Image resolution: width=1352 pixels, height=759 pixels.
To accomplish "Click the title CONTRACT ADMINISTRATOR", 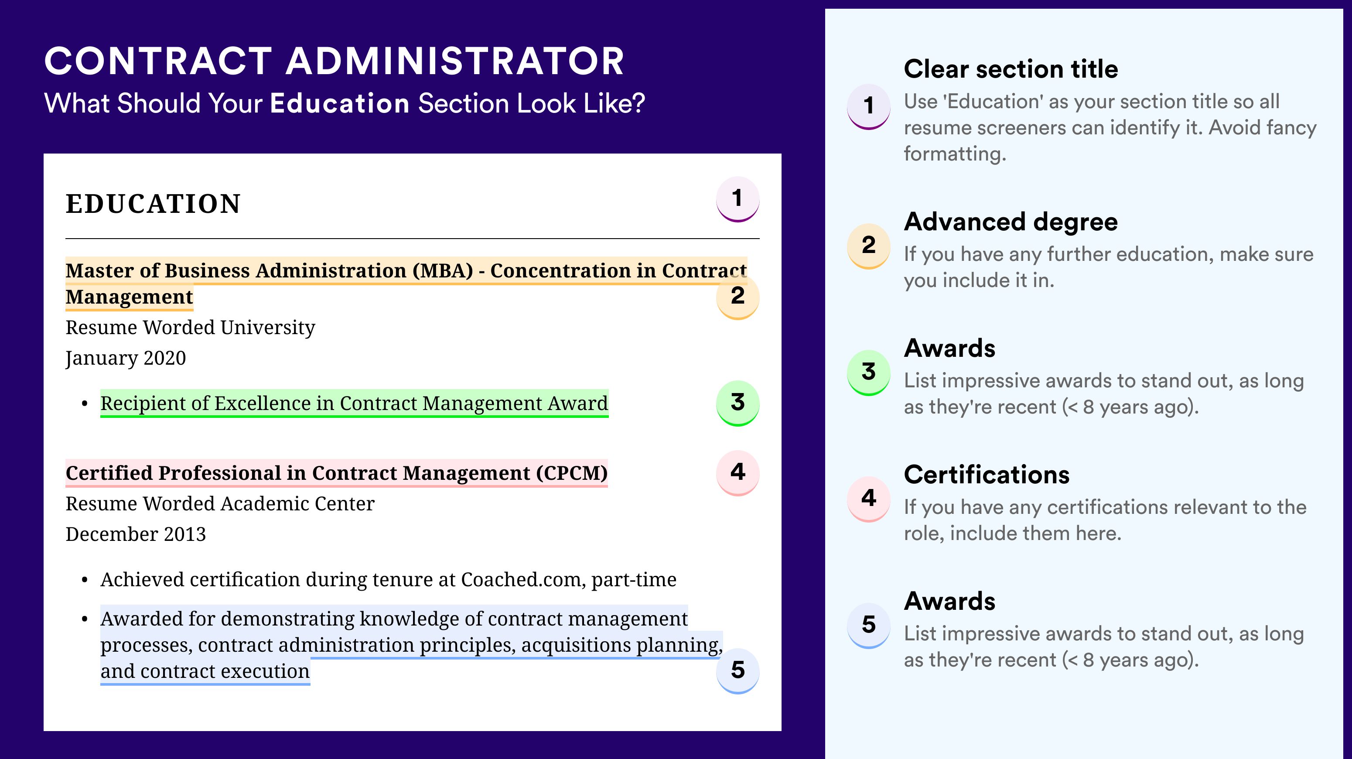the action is (335, 61).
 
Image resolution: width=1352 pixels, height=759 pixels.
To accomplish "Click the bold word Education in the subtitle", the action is (340, 103).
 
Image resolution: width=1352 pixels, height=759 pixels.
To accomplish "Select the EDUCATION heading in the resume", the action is (153, 204).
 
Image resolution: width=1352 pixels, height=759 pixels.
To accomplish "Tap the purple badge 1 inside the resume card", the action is (737, 199).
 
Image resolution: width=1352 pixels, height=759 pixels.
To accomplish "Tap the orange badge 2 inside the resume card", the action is (737, 297).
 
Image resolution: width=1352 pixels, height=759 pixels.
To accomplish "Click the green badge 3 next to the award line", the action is (737, 403).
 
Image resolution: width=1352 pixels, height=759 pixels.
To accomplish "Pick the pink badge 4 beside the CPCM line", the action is (737, 472).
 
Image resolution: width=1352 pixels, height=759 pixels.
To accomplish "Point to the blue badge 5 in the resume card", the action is (737, 670).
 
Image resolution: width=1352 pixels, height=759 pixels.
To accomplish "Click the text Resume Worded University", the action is (190, 328).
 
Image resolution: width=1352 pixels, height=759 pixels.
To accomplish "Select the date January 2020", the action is (126, 358).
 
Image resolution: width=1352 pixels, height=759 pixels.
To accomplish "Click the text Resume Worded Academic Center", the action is (220, 503).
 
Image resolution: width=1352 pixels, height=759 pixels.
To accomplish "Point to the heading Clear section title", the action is (1011, 69).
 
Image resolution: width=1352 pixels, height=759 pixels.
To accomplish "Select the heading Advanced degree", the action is (1011, 222).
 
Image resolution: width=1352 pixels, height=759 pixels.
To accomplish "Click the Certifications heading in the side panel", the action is (987, 475).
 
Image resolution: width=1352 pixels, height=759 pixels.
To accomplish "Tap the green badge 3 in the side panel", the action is (869, 372).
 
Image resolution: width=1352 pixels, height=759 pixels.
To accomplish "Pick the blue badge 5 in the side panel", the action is (869, 625).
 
